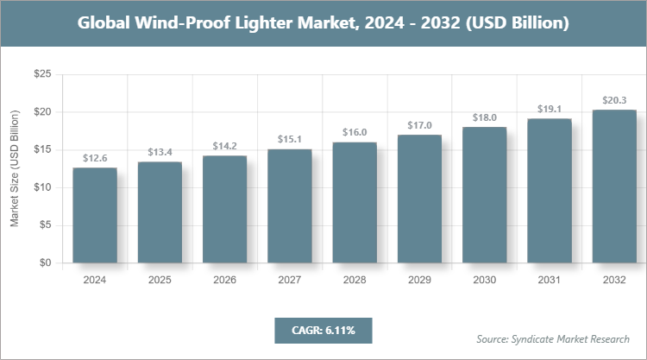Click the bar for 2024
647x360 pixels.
pyautogui.click(x=95, y=215)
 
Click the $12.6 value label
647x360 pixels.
pyautogui.click(x=95, y=158)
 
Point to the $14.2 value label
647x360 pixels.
pyautogui.click(x=225, y=146)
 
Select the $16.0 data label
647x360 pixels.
pyautogui.click(x=355, y=132)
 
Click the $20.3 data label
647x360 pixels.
pyautogui.click(x=614, y=100)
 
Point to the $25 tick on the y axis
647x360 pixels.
pyautogui.click(x=41, y=75)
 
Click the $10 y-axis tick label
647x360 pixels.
pyautogui.click(x=41, y=187)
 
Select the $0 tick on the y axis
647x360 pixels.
pyautogui.click(x=45, y=262)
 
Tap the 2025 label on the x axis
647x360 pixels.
pyautogui.click(x=160, y=280)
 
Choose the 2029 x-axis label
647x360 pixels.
pyautogui.click(x=419, y=280)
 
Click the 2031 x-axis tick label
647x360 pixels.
pyautogui.click(x=550, y=280)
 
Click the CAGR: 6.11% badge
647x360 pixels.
pyautogui.click(x=323, y=330)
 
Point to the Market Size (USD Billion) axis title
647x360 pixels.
pyautogui.click(x=15, y=168)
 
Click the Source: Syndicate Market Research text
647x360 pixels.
pyautogui.click(x=553, y=338)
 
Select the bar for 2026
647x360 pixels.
pyautogui.click(x=225, y=209)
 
